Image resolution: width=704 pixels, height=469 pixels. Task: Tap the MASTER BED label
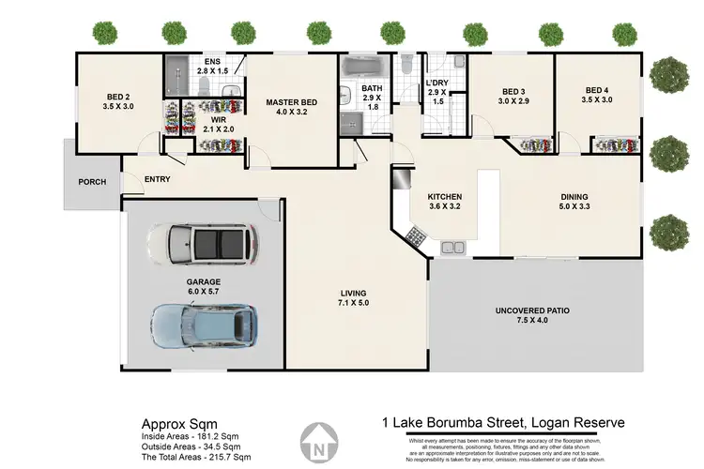point(291,108)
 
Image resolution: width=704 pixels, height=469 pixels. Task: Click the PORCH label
point(92,182)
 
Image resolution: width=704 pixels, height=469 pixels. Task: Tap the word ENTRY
point(157,180)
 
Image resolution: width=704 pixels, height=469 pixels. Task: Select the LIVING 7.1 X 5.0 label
point(353,298)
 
